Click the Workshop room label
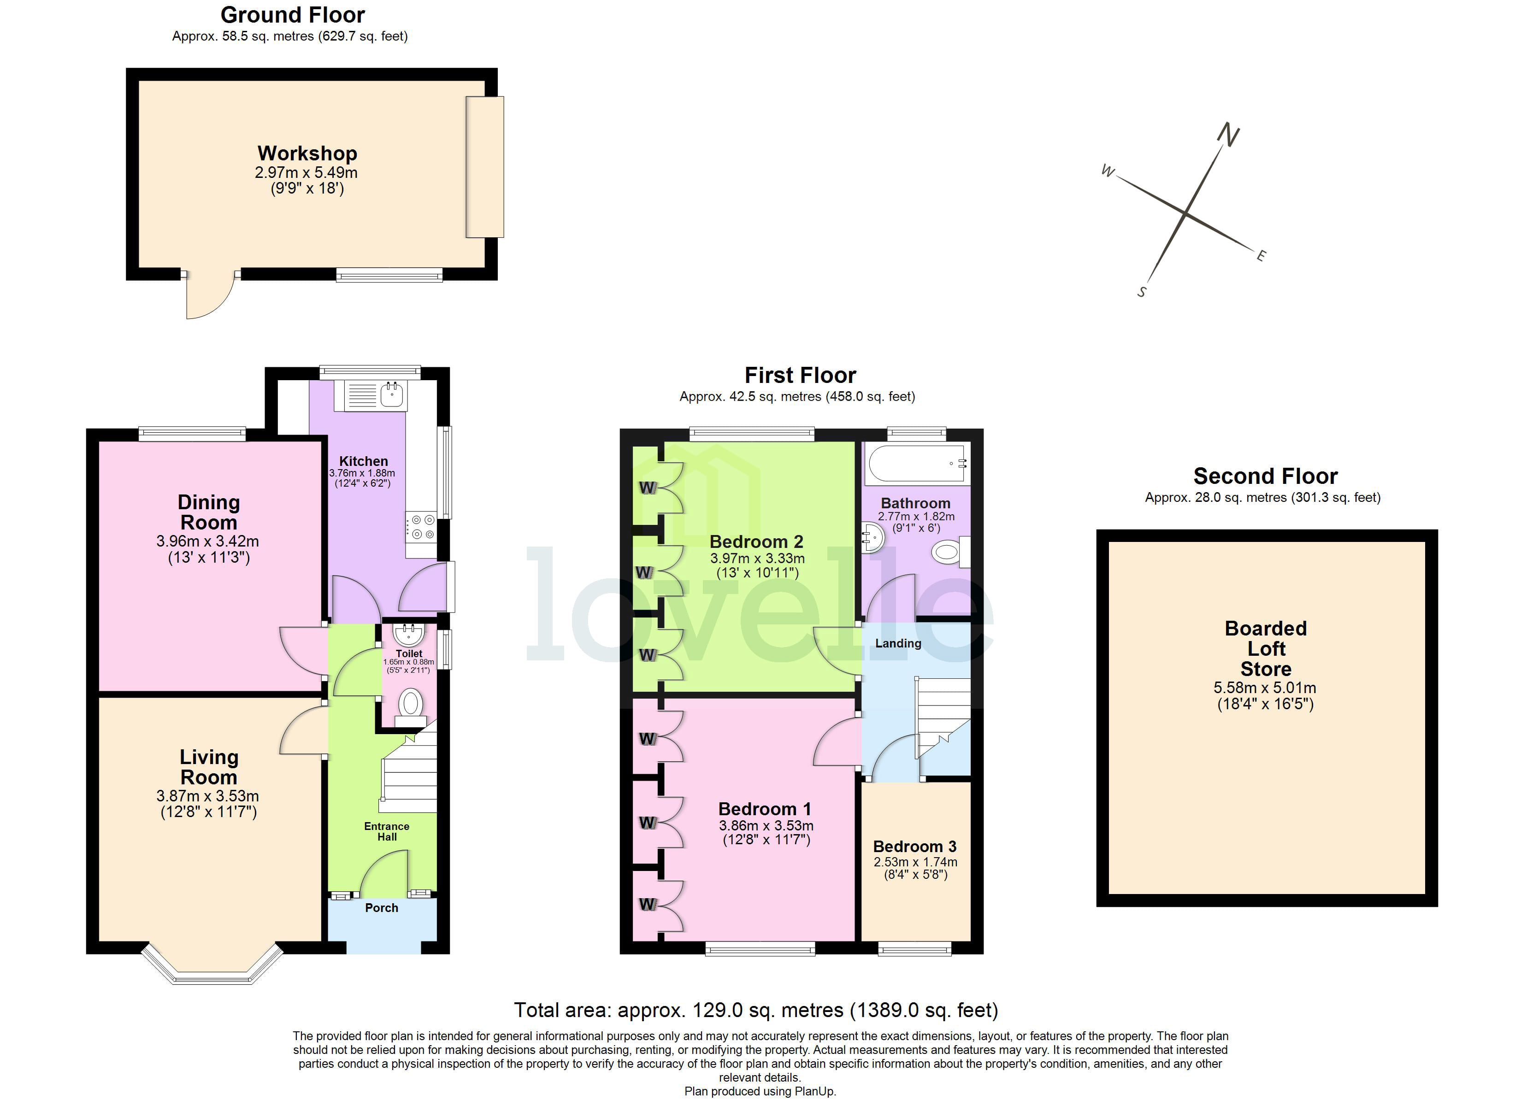point(307,153)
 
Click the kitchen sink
point(392,394)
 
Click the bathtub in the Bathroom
point(916,463)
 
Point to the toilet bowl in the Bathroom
point(946,553)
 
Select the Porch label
point(382,907)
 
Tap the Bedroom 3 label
point(915,847)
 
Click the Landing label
point(898,643)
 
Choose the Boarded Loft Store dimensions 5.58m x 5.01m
point(1265,688)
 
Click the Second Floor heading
point(1265,476)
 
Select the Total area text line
point(756,1010)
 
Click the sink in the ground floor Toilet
point(408,632)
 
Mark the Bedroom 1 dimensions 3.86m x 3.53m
point(766,826)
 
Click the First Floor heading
point(800,375)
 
